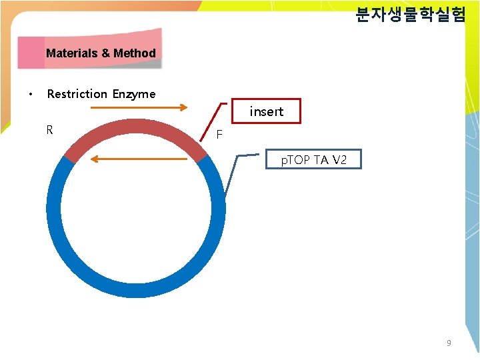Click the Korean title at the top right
pos(410,15)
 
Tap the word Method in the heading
pos(135,53)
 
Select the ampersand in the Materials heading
pos(106,53)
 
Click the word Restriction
pos(77,94)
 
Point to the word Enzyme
pos(134,94)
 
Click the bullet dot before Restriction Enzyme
pos(31,94)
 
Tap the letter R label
pos(50,129)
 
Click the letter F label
pos(219,135)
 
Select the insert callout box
pos(266,111)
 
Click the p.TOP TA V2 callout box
pos(313,159)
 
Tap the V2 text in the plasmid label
pos(339,159)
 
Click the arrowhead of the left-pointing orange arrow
pos(93,159)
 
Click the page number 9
pos(449,343)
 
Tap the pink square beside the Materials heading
pos(31,53)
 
